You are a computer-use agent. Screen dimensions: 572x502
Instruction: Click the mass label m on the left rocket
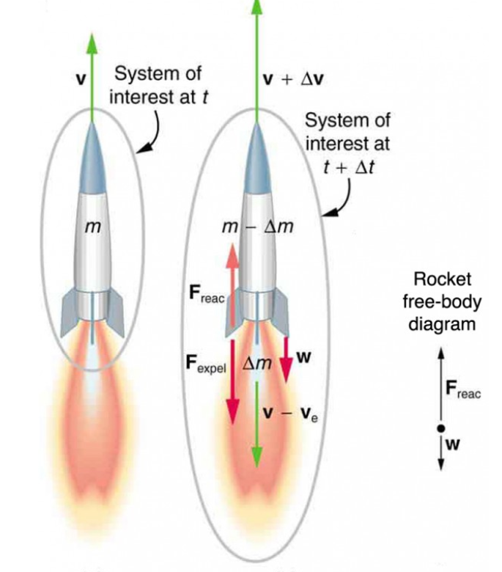pyautogui.click(x=91, y=228)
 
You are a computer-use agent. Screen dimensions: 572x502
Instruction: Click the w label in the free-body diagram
pyautogui.click(x=452, y=444)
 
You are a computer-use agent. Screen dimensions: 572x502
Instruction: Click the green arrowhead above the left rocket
pyautogui.click(x=92, y=44)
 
